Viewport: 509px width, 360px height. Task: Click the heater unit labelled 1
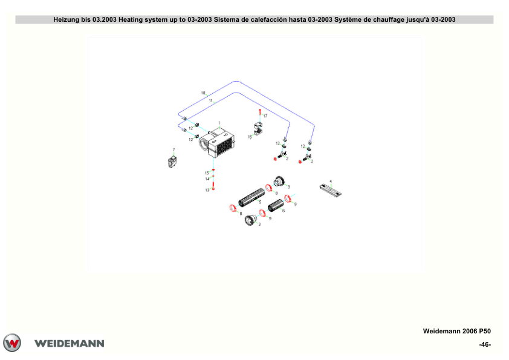pos(217,143)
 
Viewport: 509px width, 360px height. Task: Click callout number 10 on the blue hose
pos(203,93)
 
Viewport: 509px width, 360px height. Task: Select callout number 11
pos(211,100)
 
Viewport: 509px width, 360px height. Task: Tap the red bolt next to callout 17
pos(260,111)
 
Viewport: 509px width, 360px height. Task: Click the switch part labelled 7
pos(172,162)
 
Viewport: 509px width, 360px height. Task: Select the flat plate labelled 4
pos(331,191)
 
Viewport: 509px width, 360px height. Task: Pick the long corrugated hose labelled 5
pos(251,197)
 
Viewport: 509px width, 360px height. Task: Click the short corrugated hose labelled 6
pos(276,205)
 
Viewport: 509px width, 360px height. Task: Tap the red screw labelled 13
pos(213,186)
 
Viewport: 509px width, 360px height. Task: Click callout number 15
pos(207,173)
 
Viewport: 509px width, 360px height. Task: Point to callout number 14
pos(207,179)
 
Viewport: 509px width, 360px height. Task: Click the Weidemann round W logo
pos(12,343)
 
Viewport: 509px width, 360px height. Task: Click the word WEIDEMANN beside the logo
pos(69,344)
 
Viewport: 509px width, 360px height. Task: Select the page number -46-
pos(485,344)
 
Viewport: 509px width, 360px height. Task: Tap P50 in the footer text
pos(485,331)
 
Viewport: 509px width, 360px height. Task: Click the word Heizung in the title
pos(66,19)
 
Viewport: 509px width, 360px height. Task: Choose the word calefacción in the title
pos(269,19)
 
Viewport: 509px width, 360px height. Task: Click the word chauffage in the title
pos(389,19)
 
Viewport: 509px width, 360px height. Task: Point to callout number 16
pos(250,137)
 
